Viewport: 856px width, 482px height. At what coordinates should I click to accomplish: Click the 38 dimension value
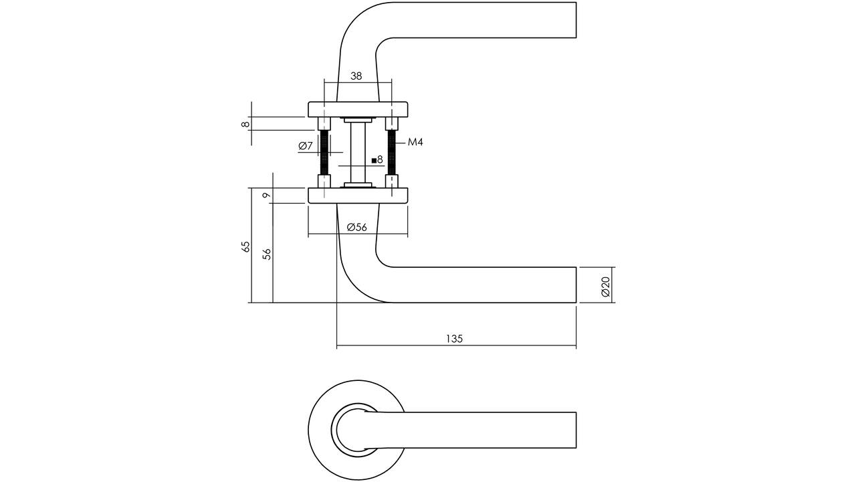356,76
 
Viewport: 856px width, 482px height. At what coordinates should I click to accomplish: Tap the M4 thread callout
415,143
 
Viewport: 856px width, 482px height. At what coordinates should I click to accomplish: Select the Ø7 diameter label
306,146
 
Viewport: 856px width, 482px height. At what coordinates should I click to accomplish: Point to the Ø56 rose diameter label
356,227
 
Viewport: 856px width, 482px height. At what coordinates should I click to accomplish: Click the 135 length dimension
454,339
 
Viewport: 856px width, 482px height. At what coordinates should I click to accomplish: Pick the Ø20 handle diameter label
605,287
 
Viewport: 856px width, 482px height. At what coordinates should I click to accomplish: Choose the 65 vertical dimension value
246,246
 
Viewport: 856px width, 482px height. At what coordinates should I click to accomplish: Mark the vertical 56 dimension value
267,254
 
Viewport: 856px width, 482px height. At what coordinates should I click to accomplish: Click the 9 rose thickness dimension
267,195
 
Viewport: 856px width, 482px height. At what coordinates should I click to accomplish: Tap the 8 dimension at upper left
245,124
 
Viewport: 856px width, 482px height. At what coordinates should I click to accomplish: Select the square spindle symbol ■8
377,160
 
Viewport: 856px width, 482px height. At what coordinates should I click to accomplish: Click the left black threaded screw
324,153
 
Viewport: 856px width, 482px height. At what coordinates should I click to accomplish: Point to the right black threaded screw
392,153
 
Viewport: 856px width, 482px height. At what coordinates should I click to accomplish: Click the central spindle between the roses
358,153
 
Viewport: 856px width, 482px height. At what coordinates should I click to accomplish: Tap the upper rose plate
358,109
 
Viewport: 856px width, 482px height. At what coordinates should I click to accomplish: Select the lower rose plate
358,195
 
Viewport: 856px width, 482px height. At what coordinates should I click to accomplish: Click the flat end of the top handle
576,20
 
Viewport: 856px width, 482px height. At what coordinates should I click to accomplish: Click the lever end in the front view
576,430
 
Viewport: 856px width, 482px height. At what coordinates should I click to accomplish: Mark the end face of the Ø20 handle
576,285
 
